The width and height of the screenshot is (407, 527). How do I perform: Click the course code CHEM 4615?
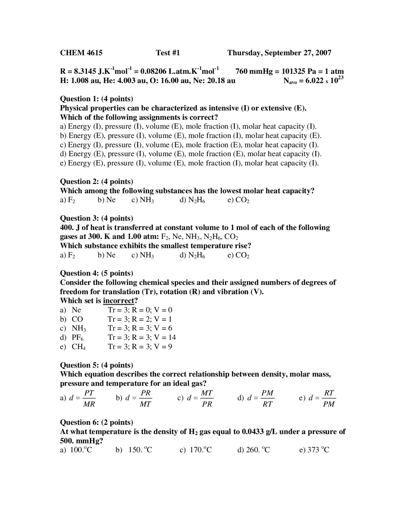point(81,53)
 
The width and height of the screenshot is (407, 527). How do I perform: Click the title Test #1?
point(168,53)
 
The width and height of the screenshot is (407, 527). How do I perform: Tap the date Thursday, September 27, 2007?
point(279,53)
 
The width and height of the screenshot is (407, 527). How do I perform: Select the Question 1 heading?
point(97,99)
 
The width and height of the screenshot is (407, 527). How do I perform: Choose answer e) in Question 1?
point(189,163)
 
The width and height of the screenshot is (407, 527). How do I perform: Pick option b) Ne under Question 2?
point(107,200)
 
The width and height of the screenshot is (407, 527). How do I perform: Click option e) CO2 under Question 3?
point(238,255)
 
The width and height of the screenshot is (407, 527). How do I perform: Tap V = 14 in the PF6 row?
point(165,337)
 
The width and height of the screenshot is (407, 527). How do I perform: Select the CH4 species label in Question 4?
point(79,347)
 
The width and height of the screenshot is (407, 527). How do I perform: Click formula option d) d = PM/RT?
point(256,398)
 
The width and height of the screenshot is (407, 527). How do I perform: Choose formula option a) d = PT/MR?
point(78,398)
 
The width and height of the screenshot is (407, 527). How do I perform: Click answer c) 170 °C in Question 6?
point(196,450)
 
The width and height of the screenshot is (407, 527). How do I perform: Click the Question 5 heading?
point(97,365)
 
